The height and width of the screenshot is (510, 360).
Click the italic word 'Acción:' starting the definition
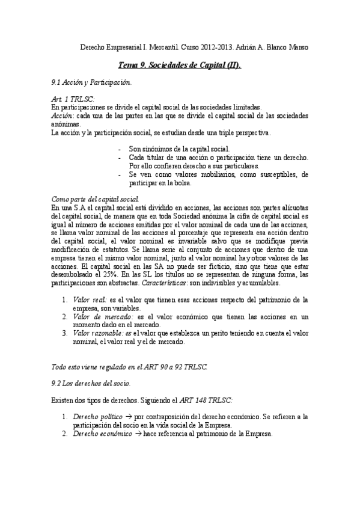63,115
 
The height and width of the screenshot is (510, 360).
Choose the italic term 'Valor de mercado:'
103,316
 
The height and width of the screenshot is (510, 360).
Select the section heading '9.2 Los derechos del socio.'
91,383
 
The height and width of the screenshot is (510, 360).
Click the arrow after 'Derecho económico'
138,433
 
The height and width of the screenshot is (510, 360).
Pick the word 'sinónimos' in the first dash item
156,149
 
